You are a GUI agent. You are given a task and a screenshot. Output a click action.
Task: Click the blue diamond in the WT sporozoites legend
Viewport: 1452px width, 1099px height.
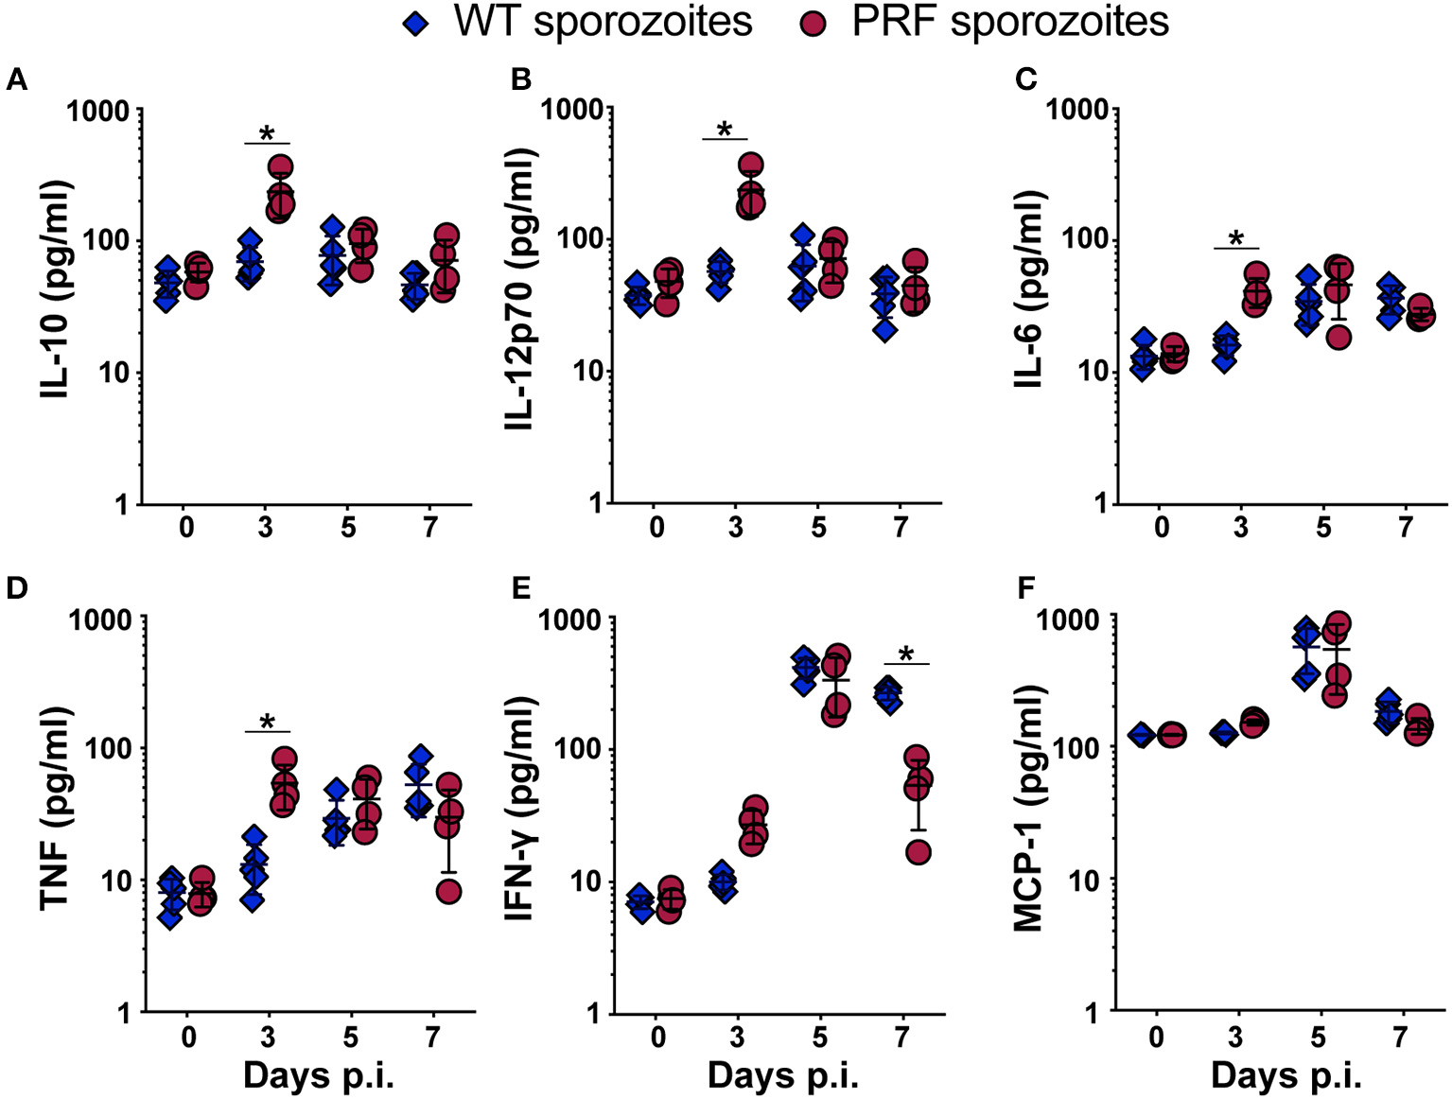tap(415, 24)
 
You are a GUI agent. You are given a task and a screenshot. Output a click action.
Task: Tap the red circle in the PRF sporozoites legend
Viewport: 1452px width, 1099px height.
tap(813, 24)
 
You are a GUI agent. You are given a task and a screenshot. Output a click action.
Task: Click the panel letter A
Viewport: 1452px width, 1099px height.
tap(16, 80)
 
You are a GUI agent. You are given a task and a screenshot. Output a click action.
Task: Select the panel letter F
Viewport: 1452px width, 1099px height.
tap(1024, 588)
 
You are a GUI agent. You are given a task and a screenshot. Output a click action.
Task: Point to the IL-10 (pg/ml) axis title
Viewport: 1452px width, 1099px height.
tap(58, 288)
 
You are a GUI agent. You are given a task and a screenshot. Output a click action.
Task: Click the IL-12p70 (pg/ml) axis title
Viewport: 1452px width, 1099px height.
tap(521, 288)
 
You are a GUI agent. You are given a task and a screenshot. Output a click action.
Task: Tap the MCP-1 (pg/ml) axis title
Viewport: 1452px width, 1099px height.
tap(1028, 816)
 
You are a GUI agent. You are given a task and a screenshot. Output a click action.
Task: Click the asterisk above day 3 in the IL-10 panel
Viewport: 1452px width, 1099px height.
tap(267, 132)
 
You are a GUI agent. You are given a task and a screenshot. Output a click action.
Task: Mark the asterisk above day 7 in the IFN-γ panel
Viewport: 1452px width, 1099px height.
tap(906, 654)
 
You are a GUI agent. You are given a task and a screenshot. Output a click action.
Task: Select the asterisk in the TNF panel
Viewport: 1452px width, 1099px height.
tap(267, 724)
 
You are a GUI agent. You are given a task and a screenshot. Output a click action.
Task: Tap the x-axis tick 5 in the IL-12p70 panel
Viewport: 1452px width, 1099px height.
tap(819, 527)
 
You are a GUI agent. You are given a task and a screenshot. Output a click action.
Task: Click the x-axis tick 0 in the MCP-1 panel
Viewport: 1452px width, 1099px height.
tap(1156, 1038)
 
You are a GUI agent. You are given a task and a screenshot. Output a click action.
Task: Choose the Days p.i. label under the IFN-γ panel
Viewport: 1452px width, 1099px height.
tap(782, 1076)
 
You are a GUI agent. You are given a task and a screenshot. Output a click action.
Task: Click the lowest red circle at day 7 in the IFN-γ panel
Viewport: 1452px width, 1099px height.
tap(918, 853)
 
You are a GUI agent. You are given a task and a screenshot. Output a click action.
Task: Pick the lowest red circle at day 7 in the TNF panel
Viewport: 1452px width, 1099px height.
tap(448, 891)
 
